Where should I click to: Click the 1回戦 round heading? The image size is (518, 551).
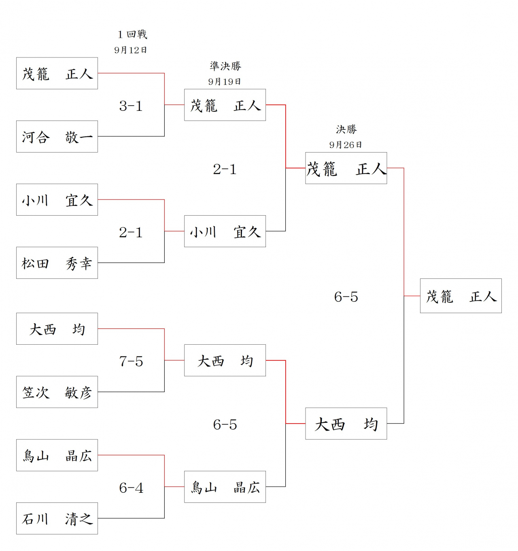click(132, 34)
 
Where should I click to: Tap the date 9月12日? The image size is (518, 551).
click(130, 50)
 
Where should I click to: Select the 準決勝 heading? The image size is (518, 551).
click(225, 66)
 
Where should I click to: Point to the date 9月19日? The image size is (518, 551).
click(225, 82)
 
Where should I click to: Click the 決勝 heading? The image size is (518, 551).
click(346, 129)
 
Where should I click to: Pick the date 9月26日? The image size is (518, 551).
click(346, 145)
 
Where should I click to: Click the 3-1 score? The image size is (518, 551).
click(131, 106)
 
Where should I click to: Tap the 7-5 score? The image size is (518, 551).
click(131, 361)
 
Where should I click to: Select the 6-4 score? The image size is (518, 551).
click(131, 488)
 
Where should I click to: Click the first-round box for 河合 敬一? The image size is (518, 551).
click(57, 137)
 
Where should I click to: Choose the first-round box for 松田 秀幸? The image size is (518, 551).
click(57, 263)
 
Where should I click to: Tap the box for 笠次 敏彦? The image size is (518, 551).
click(57, 392)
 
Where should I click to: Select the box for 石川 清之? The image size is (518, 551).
click(57, 518)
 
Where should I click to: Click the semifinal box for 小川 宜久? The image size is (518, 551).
click(225, 231)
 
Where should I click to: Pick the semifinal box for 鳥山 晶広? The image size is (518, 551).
click(225, 487)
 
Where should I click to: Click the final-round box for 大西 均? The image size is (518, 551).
click(346, 424)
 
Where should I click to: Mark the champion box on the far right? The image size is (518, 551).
click(461, 296)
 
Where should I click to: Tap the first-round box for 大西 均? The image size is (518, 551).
click(57, 329)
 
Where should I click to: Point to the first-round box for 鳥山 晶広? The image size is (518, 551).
click(57, 456)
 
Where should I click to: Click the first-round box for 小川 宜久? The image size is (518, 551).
click(57, 200)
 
